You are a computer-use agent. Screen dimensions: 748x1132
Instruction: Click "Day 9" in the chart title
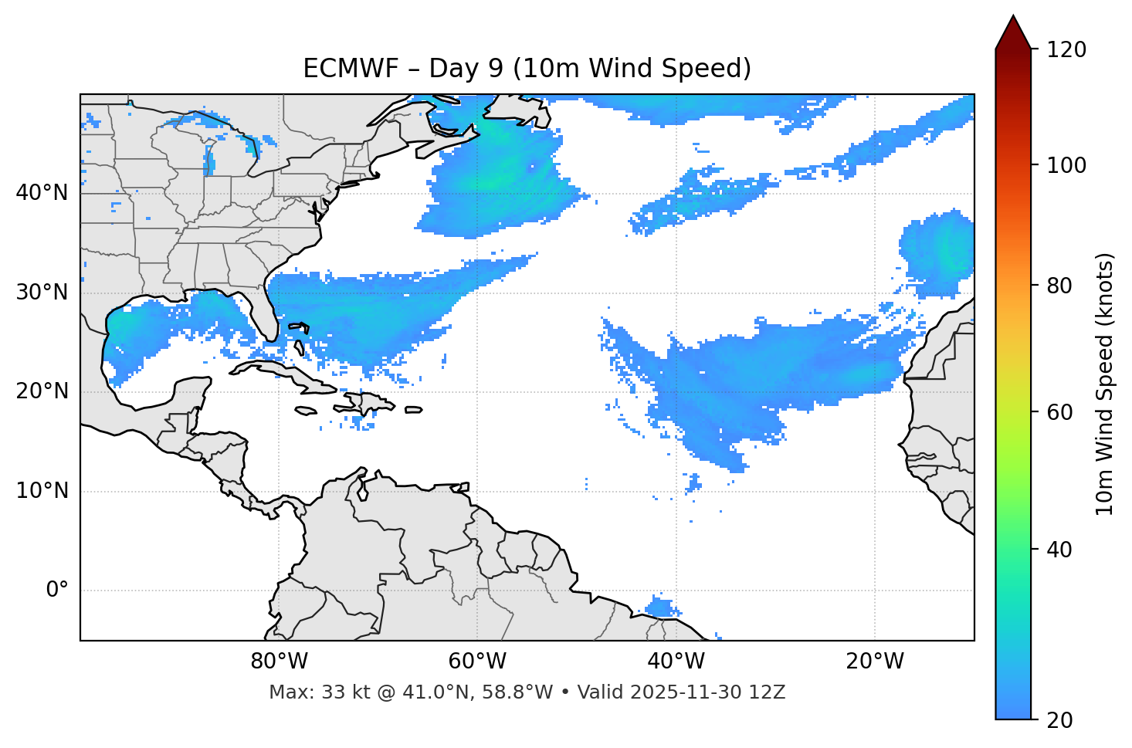[x=464, y=69]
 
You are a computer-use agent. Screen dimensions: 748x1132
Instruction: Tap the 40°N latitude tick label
[x=42, y=193]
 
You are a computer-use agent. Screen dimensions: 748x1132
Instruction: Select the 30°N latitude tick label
[x=42, y=293]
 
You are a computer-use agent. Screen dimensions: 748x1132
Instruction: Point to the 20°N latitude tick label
[x=42, y=391]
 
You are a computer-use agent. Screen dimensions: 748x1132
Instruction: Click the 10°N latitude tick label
[x=42, y=491]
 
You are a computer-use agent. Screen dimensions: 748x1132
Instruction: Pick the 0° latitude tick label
[x=57, y=591]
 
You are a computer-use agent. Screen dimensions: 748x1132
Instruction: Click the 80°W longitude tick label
[x=279, y=662]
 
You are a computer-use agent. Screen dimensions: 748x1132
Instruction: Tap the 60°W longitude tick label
[x=477, y=662]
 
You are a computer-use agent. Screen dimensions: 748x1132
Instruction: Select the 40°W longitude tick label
[x=676, y=662]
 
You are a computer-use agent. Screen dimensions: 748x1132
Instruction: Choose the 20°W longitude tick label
[x=874, y=662]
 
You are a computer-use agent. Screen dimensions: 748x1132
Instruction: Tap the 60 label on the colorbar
[x=1059, y=412]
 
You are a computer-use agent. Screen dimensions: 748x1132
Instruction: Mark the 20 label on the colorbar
[x=1059, y=720]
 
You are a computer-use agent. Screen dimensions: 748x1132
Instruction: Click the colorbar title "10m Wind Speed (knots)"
[x=1105, y=384]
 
